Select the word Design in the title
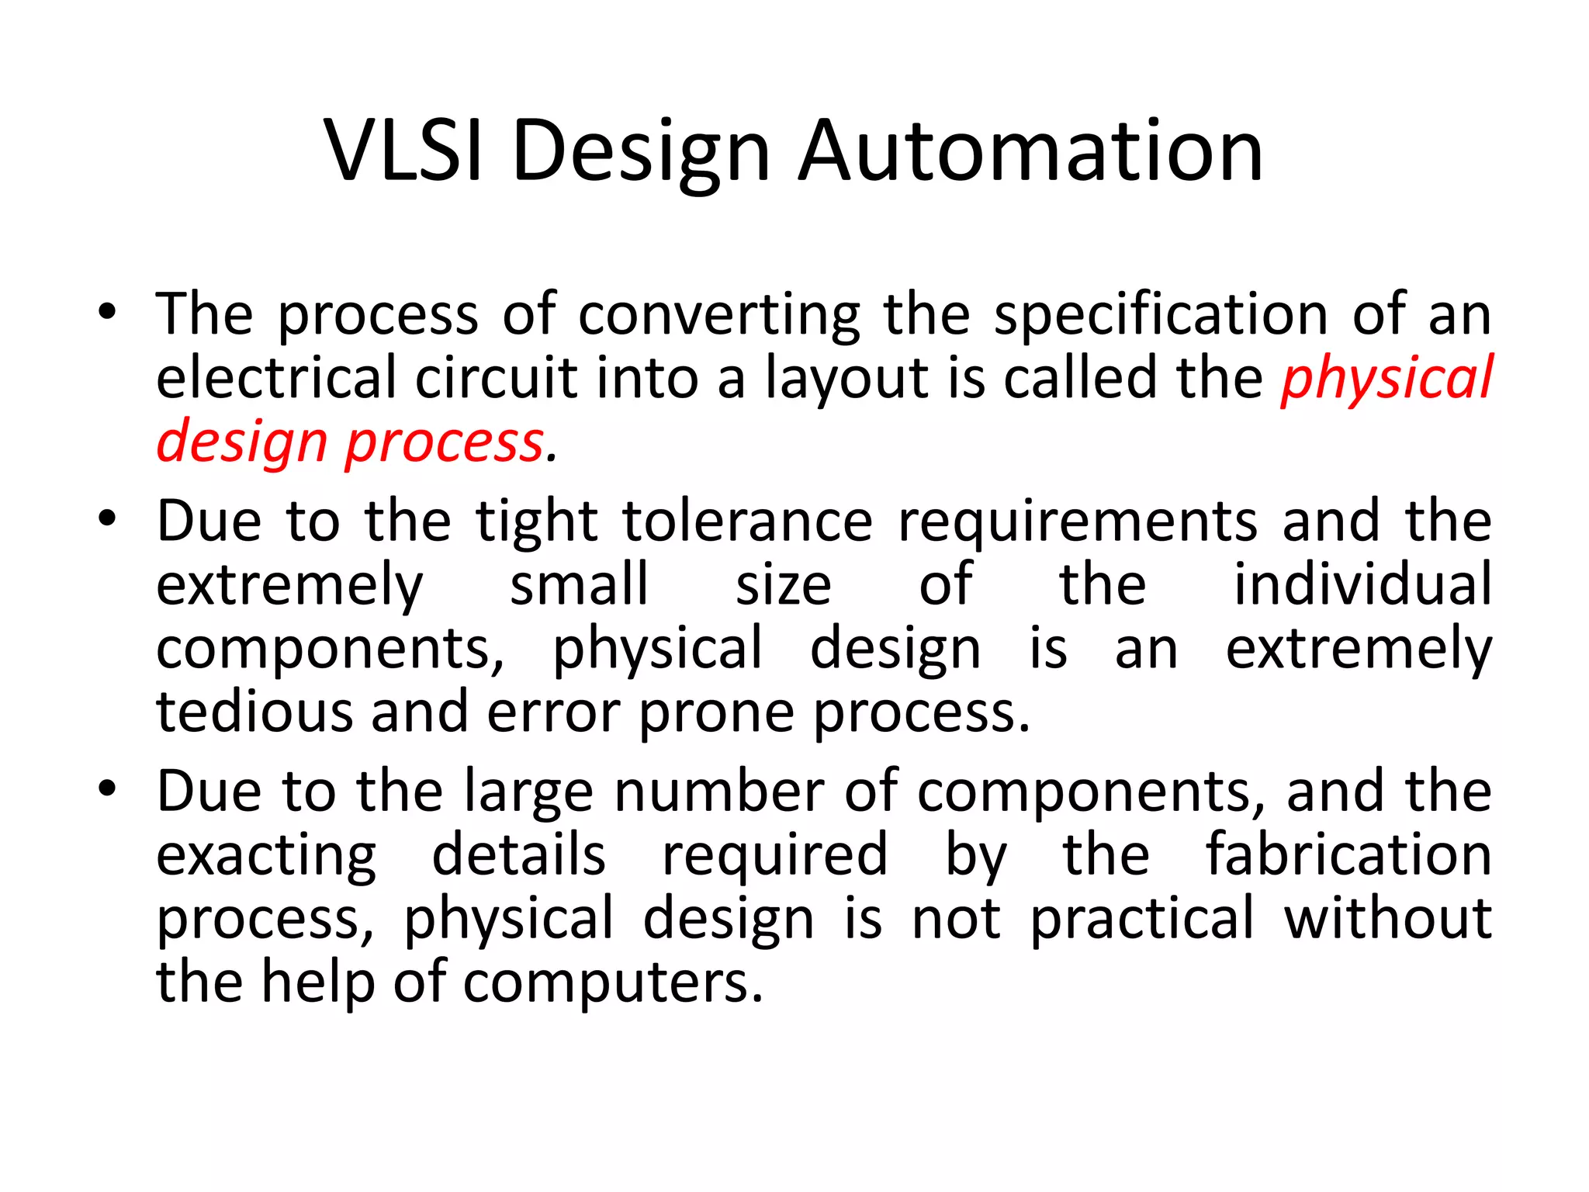pos(641,153)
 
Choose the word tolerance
pos(747,521)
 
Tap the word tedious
pos(254,712)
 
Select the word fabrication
pos(1348,854)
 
